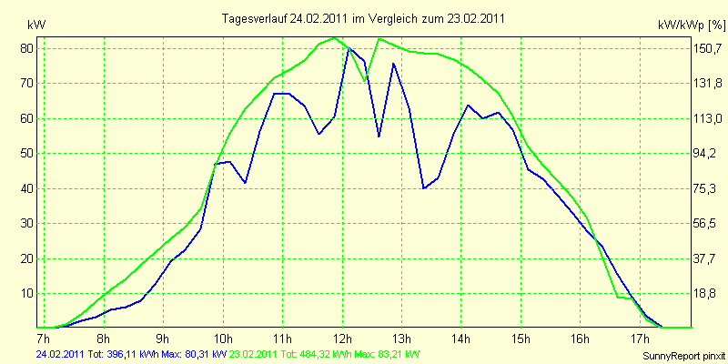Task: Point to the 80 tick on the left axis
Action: click(x=32, y=48)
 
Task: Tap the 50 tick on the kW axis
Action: click(x=32, y=153)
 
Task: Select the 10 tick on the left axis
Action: click(x=32, y=293)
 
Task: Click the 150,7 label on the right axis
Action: click(x=708, y=48)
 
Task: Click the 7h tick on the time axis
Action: click(x=43, y=337)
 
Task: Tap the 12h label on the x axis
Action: click(x=342, y=337)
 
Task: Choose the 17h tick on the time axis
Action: click(x=640, y=337)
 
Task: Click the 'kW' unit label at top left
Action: click(x=36, y=25)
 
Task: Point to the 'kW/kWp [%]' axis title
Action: click(x=691, y=25)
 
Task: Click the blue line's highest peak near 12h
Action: click(x=349, y=47)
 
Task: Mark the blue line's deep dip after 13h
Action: click(x=424, y=188)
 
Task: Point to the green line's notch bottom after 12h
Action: click(x=365, y=81)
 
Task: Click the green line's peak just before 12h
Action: click(x=334, y=37)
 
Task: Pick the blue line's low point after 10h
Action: click(x=245, y=183)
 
